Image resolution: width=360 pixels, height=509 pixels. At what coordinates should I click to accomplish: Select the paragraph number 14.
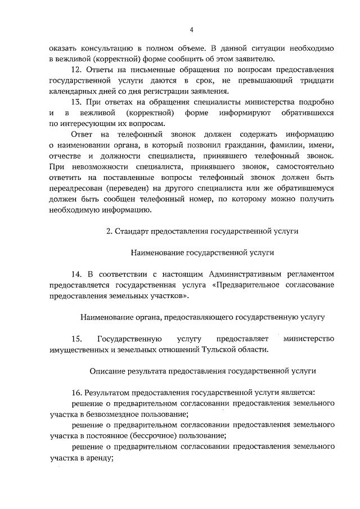pos(77,274)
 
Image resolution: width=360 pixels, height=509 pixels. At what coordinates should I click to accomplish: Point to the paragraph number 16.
pos(77,391)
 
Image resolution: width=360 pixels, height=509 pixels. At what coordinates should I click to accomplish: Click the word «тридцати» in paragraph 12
pos(316,80)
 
